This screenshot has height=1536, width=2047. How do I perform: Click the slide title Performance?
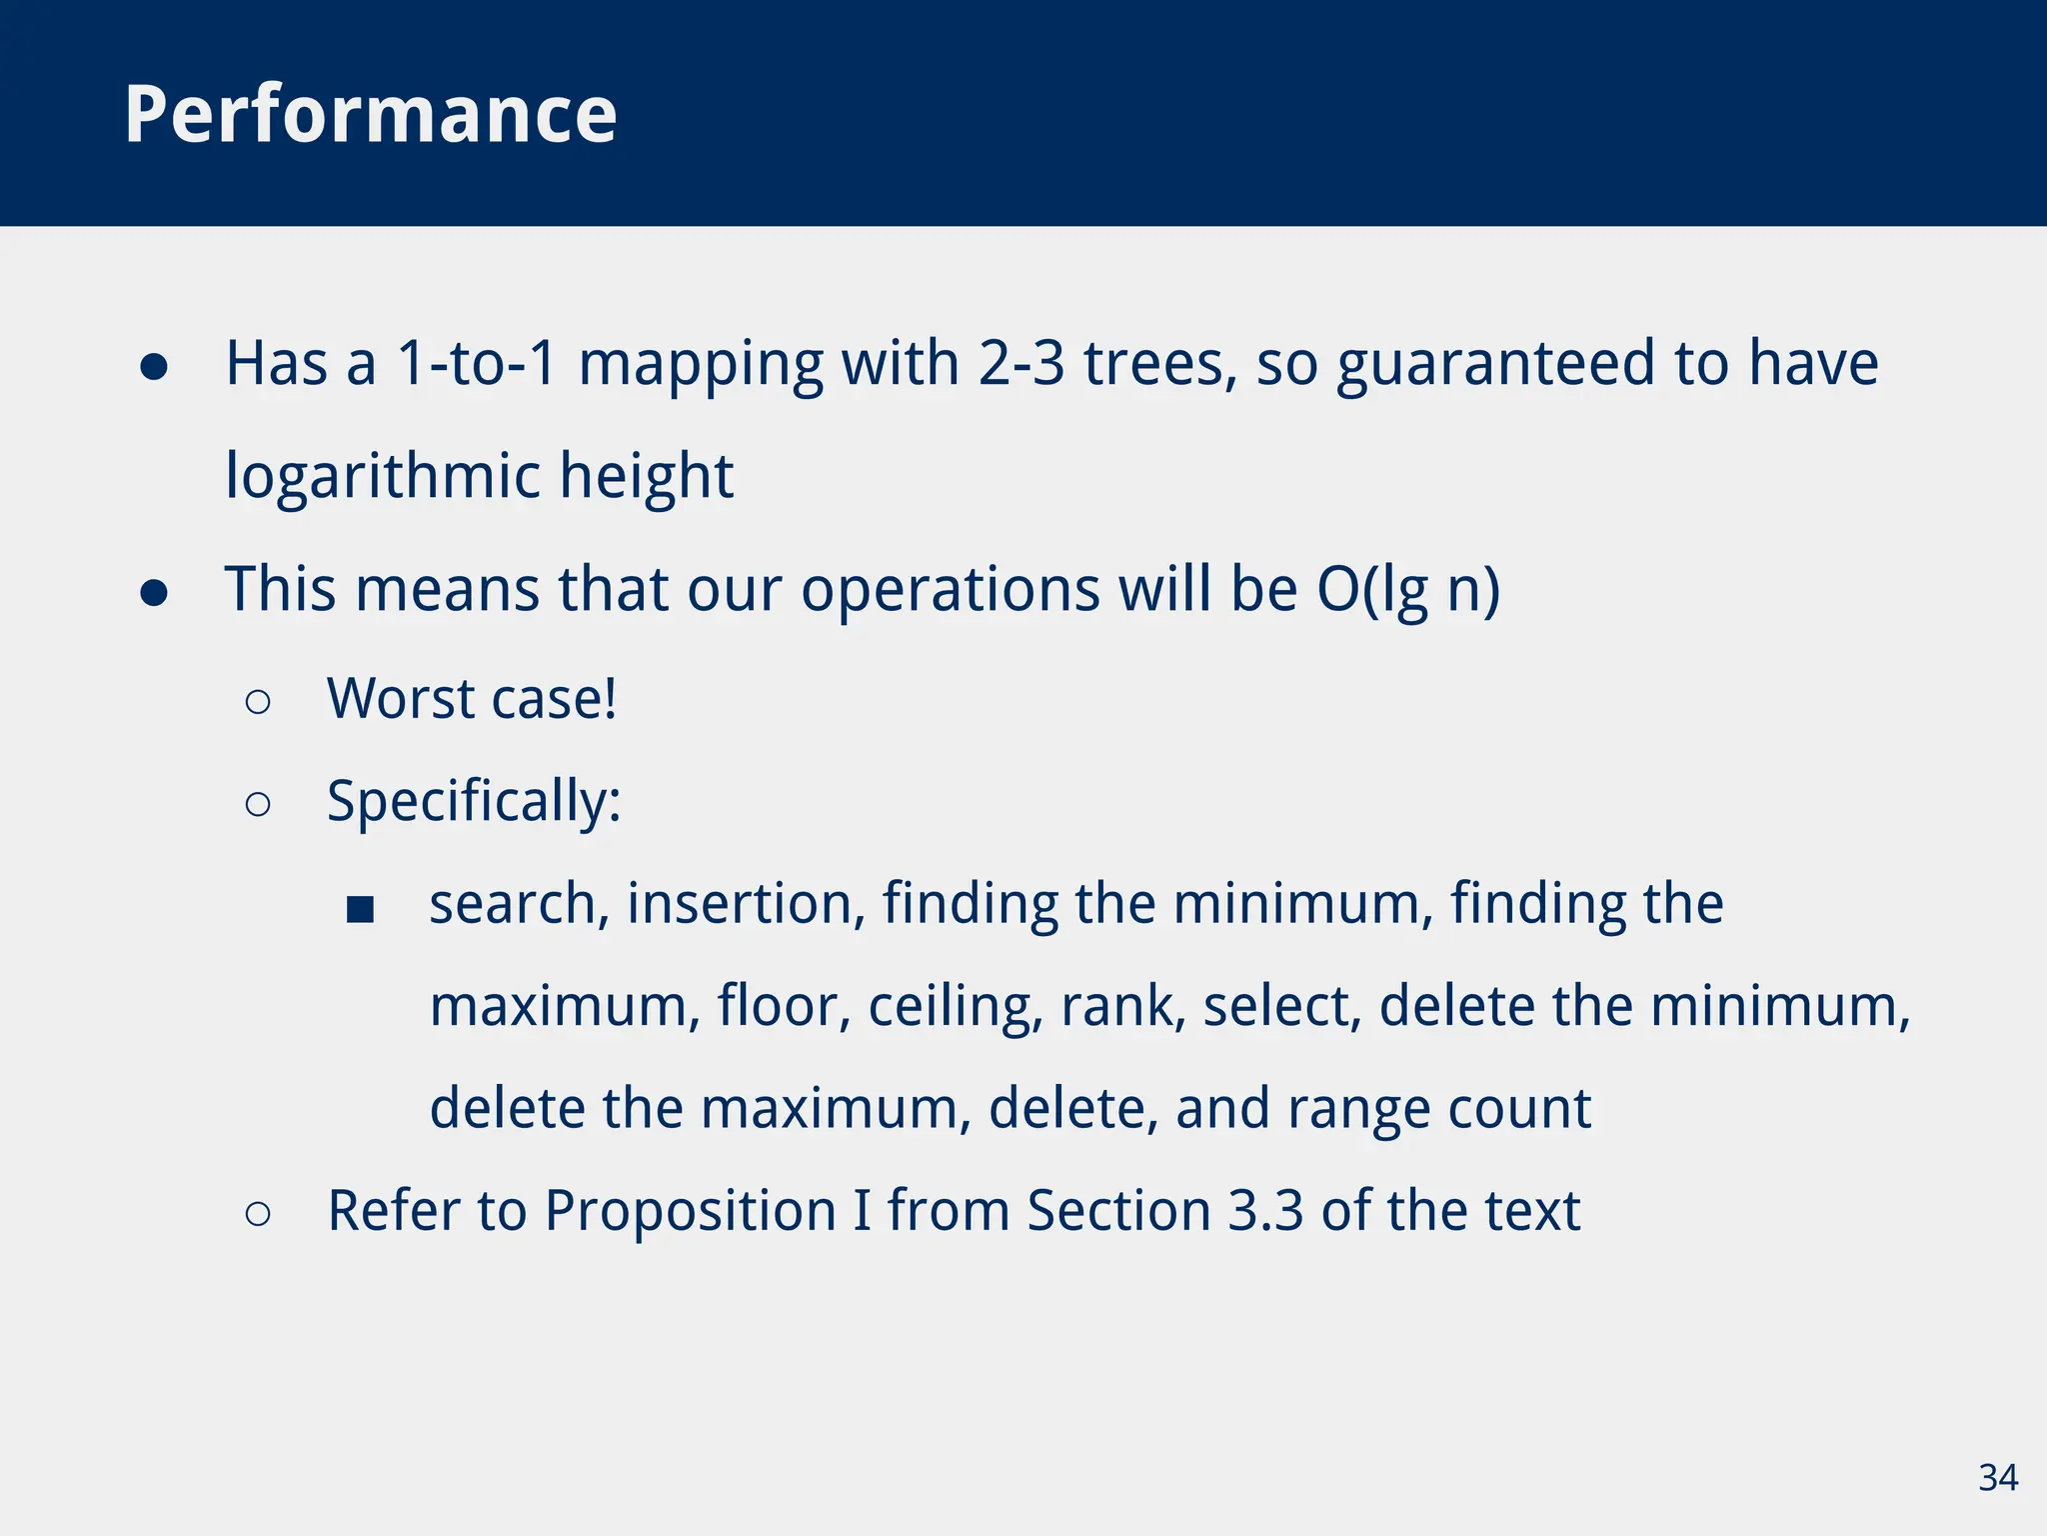pos(371,114)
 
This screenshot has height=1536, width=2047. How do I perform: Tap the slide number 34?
pos(1997,1478)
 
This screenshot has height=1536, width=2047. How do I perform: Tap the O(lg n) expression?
pos(1408,590)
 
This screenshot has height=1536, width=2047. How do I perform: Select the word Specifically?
pos(474,802)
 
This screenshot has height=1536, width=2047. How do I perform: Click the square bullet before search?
pos(360,909)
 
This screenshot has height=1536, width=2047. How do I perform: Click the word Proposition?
pos(691,1212)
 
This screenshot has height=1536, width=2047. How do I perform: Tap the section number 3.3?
pos(1265,1211)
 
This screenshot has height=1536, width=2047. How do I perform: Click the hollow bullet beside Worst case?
pos(258,702)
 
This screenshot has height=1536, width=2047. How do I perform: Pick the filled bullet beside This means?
pos(154,594)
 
